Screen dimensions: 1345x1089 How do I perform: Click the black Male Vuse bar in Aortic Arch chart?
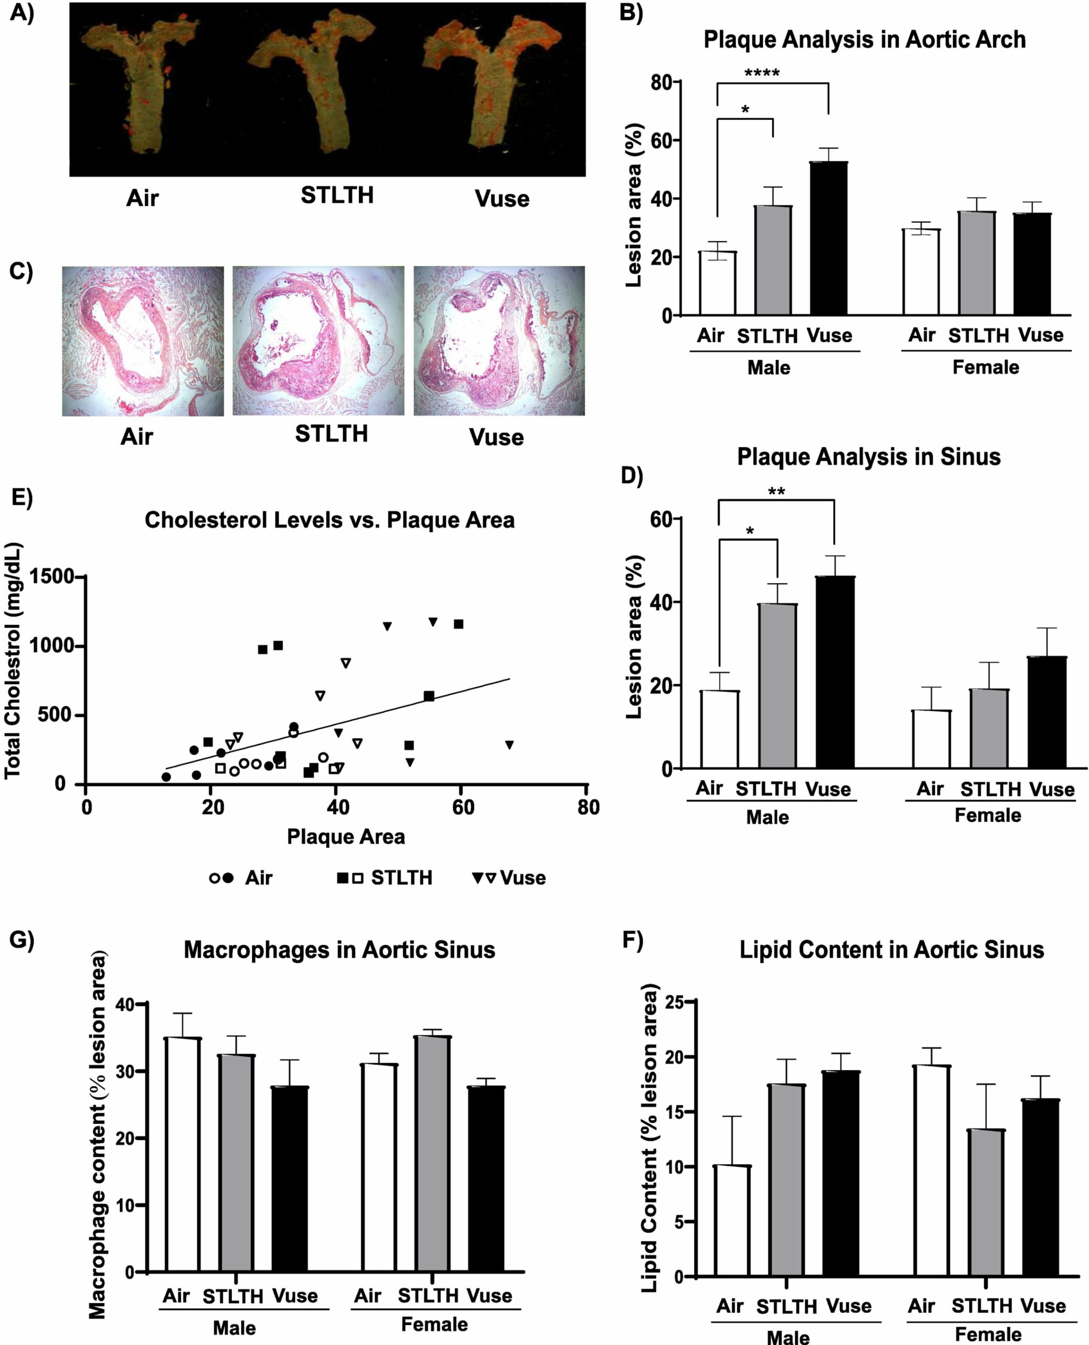(x=829, y=239)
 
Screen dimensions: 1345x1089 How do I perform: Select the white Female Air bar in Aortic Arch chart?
(x=921, y=272)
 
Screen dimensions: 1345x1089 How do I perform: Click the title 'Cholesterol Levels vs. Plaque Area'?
(x=330, y=520)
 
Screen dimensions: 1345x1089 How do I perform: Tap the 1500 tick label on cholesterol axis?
(x=52, y=576)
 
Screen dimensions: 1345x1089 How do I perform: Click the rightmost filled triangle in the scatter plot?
(x=509, y=745)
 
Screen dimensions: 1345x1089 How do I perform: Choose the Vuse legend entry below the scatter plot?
(x=509, y=878)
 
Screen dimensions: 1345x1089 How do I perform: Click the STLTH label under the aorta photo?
(x=337, y=195)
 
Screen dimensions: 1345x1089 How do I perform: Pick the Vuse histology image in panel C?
(x=499, y=341)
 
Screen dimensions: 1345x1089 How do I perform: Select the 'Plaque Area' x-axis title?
(x=346, y=836)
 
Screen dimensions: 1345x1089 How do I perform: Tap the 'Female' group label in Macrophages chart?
(x=434, y=1325)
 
